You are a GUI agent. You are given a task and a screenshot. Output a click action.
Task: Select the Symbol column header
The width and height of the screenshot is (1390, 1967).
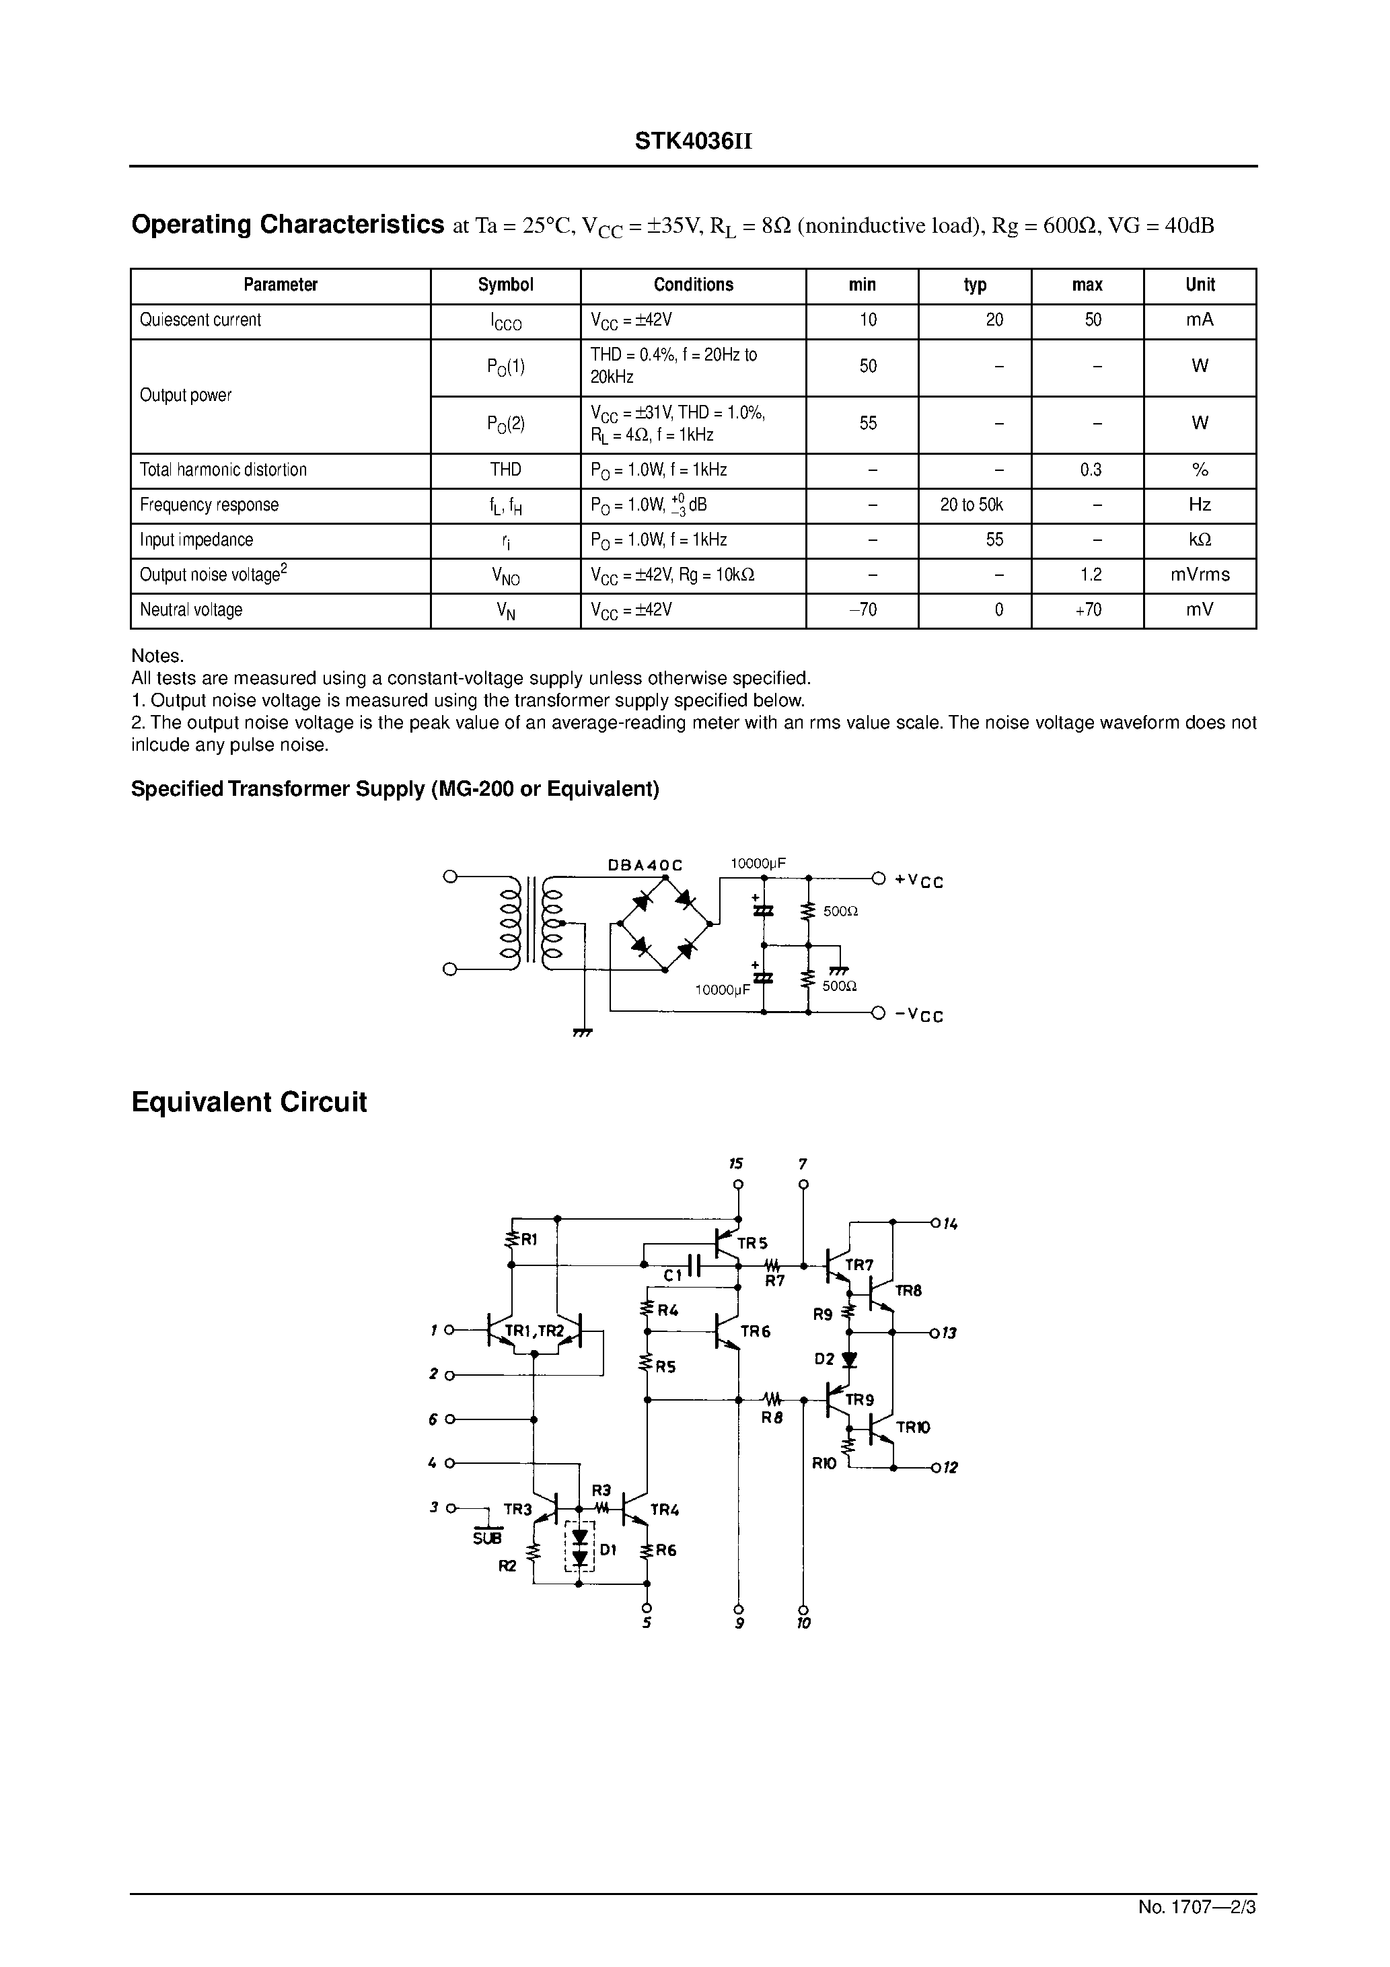click(506, 285)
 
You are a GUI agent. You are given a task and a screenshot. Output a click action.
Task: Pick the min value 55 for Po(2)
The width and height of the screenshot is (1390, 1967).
click(867, 423)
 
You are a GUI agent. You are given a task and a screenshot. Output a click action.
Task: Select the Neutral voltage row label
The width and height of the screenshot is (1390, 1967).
click(191, 610)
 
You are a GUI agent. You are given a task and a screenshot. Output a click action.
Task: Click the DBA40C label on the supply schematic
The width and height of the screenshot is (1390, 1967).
click(645, 865)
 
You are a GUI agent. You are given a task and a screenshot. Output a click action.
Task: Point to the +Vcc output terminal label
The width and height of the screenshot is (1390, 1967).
click(918, 881)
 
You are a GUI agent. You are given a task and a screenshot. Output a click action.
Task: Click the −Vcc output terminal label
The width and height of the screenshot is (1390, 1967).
click(918, 1015)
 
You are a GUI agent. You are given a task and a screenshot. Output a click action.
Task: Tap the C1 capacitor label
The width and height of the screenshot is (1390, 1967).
click(673, 1275)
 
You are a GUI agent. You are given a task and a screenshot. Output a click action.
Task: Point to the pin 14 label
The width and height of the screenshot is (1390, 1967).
click(949, 1224)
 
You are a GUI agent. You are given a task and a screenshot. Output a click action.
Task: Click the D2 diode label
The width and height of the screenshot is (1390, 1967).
click(824, 1360)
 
